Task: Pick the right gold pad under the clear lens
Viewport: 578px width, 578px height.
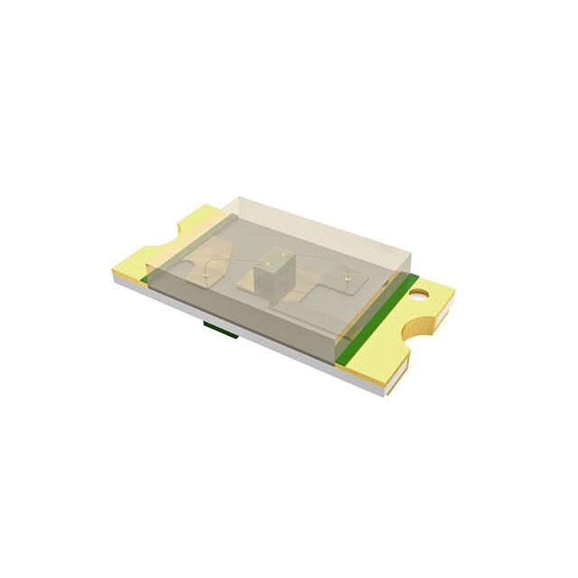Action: tap(339, 289)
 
